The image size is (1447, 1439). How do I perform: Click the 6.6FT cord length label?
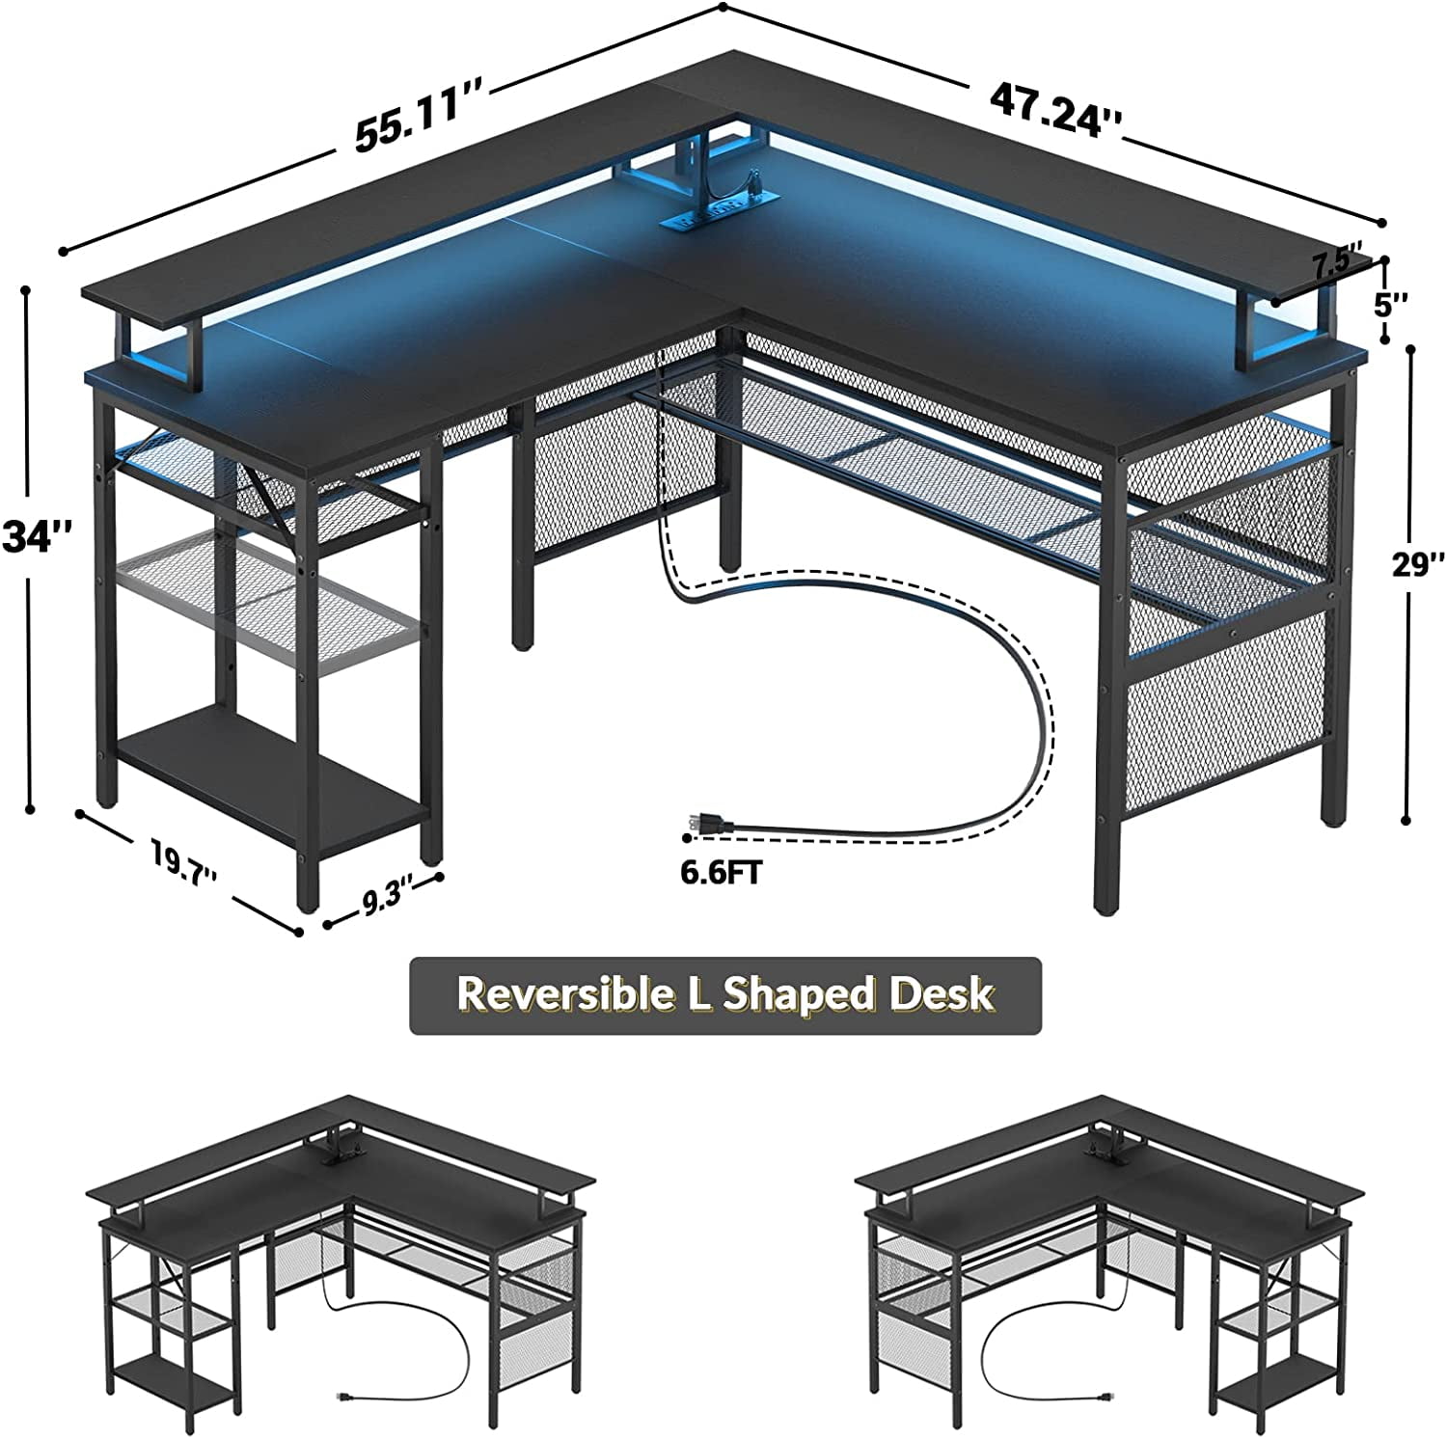pyautogui.click(x=722, y=874)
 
